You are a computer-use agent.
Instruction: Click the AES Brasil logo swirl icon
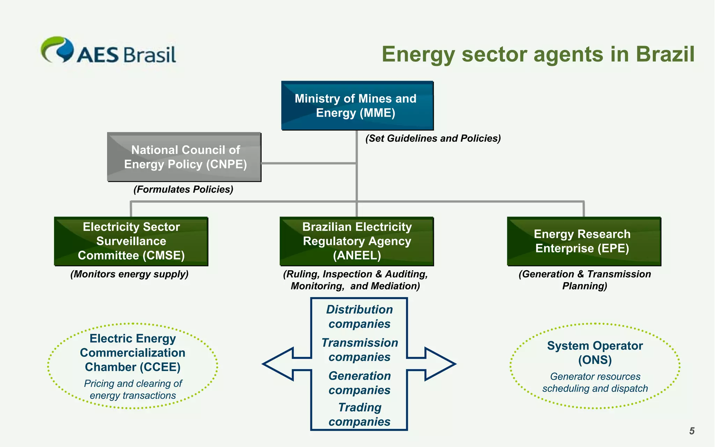pyautogui.click(x=58, y=50)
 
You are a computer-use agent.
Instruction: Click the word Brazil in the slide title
pyautogui.click(x=665, y=54)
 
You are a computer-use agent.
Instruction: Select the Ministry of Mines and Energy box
pyautogui.click(x=357, y=105)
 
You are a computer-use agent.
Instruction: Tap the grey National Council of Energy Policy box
pyautogui.click(x=184, y=157)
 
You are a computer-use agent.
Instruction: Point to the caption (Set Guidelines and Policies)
pyautogui.click(x=433, y=138)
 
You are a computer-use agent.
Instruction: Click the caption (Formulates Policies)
pyautogui.click(x=183, y=189)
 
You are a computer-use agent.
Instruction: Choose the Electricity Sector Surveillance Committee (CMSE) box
pyautogui.click(x=131, y=241)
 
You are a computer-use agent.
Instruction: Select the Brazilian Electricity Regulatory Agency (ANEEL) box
pyautogui.click(x=356, y=241)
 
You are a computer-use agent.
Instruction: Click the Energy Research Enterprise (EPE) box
pyautogui.click(x=583, y=241)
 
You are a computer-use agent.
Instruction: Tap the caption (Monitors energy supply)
pyautogui.click(x=129, y=274)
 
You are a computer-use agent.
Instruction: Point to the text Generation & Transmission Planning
pyautogui.click(x=584, y=280)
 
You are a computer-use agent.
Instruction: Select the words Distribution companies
pyautogui.click(x=359, y=317)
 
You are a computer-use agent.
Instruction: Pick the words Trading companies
pyautogui.click(x=359, y=415)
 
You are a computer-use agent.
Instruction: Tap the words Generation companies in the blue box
pyautogui.click(x=359, y=383)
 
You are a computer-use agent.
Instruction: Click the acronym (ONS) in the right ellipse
pyautogui.click(x=595, y=360)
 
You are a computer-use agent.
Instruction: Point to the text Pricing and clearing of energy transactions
pyautogui.click(x=133, y=389)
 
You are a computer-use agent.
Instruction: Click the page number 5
pyautogui.click(x=692, y=431)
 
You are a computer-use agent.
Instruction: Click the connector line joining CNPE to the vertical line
pyautogui.click(x=309, y=163)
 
